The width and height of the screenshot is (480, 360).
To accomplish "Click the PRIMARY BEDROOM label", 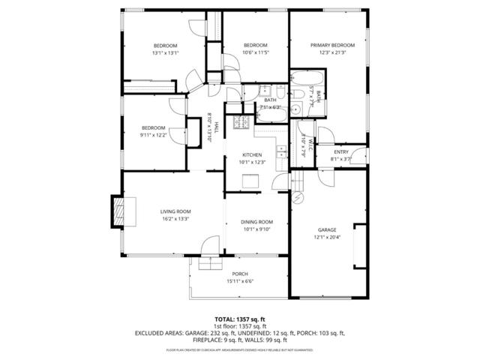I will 332,45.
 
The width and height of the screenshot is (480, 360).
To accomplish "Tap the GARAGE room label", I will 326,229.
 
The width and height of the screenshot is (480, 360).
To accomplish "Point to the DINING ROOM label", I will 256,222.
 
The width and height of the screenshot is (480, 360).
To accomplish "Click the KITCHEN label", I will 251,154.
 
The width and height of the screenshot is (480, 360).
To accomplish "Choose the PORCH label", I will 240,274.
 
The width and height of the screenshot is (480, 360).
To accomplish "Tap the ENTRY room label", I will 341,152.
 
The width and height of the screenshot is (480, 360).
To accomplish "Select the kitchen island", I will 251,181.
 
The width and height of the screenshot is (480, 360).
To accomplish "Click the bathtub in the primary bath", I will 307,78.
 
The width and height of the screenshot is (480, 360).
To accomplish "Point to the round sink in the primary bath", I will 295,109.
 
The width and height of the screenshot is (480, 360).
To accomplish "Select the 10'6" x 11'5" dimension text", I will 256,53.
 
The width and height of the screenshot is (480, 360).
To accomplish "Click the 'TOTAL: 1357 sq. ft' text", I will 239,319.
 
